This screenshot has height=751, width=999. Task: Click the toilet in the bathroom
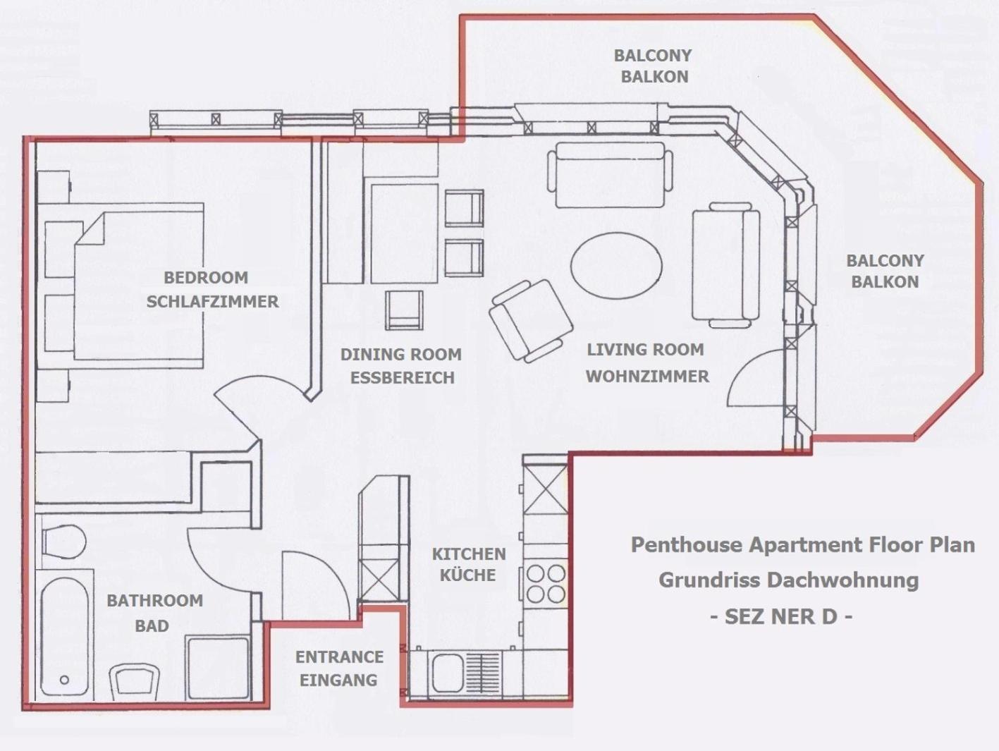(x=63, y=542)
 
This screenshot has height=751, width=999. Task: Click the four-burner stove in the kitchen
(x=546, y=584)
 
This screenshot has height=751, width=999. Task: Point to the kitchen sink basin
(x=448, y=673)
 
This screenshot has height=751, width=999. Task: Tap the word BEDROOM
(x=206, y=278)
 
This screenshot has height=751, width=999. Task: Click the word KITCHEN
(x=469, y=554)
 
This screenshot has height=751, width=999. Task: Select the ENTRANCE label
(x=340, y=657)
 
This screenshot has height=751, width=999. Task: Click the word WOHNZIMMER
(x=647, y=377)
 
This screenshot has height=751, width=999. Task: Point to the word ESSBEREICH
(x=403, y=377)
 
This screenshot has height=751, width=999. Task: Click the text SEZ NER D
(x=781, y=617)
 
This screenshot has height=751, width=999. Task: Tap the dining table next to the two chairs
(x=404, y=233)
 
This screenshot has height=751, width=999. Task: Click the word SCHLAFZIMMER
(x=212, y=301)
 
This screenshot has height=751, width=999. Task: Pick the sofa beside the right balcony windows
(x=725, y=265)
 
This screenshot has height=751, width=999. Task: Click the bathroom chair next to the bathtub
(x=135, y=681)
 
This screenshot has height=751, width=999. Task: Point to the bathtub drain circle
(x=65, y=680)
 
